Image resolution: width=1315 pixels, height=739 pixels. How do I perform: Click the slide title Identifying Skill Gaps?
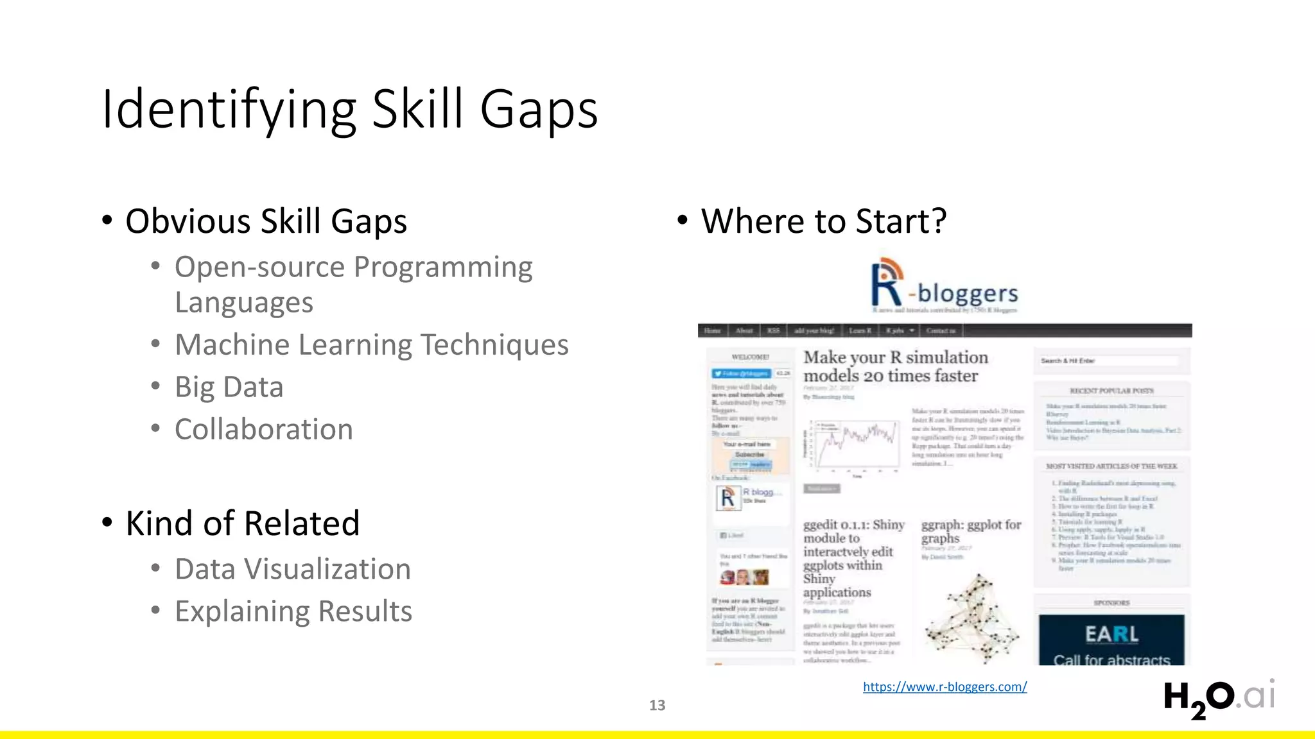[x=350, y=109]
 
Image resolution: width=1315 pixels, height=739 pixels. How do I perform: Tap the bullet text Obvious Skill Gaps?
[x=266, y=221]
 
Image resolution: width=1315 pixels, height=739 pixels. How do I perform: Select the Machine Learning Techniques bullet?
[x=372, y=344]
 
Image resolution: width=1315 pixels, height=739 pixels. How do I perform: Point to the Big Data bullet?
[x=229, y=387]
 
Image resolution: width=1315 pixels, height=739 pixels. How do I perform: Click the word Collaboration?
[x=264, y=429]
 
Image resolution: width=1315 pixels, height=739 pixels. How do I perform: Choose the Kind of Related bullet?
[x=242, y=523]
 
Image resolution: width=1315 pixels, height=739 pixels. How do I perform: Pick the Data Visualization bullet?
[x=293, y=569]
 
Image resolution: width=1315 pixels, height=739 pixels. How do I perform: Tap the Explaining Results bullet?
[x=293, y=611]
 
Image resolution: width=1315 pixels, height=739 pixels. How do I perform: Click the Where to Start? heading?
[x=824, y=221]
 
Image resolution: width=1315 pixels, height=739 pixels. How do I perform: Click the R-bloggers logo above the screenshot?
[x=944, y=285]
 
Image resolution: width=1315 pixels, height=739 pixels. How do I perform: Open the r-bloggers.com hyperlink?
[x=945, y=686]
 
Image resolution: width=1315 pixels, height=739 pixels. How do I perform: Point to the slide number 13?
[x=657, y=705]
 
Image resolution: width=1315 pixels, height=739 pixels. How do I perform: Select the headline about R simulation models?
[x=896, y=366]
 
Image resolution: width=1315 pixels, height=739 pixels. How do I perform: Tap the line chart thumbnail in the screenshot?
[x=854, y=444]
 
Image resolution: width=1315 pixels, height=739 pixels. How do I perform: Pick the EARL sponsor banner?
[x=1111, y=640]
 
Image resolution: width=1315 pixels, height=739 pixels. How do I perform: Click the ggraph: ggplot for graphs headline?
[x=971, y=531]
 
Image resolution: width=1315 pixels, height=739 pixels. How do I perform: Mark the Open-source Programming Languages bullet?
[x=353, y=284]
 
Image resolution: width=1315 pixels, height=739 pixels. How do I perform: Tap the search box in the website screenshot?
[x=1111, y=361]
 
